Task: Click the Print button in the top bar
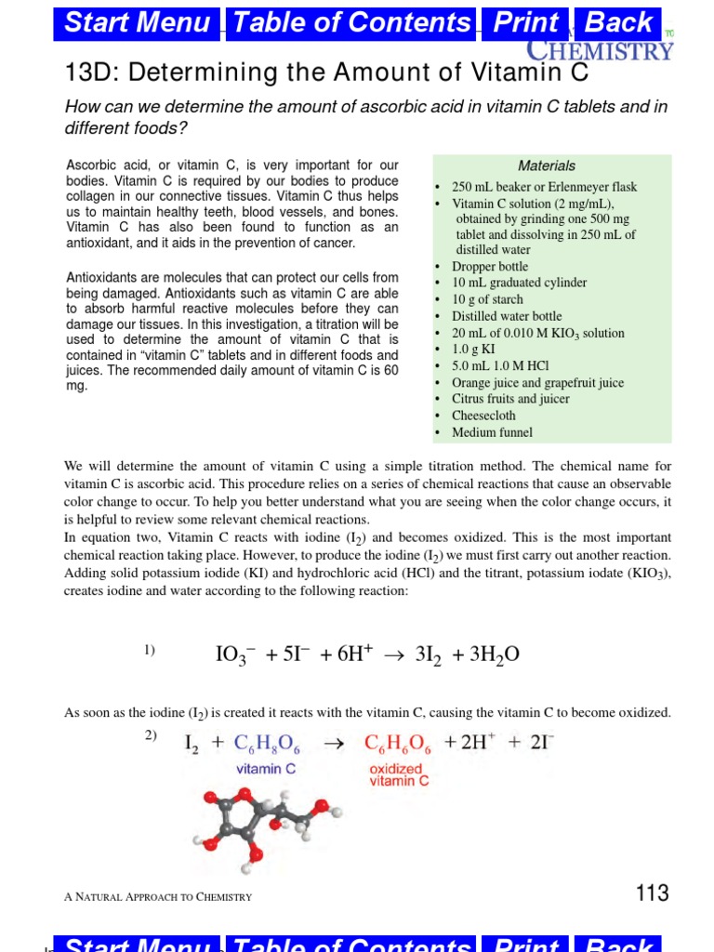[525, 23]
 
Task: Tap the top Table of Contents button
[352, 23]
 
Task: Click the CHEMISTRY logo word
[600, 49]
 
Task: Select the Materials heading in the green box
[547, 165]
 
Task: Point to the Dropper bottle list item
[489, 267]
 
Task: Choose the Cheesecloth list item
[484, 416]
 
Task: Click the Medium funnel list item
[492, 432]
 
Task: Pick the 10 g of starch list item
[487, 299]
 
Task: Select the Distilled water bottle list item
[507, 316]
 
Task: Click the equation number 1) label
[150, 651]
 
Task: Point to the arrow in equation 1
[394, 655]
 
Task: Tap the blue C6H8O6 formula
[267, 744]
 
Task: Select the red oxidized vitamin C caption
[399, 775]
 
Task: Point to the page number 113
[652, 893]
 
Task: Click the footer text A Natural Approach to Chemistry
[158, 896]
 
